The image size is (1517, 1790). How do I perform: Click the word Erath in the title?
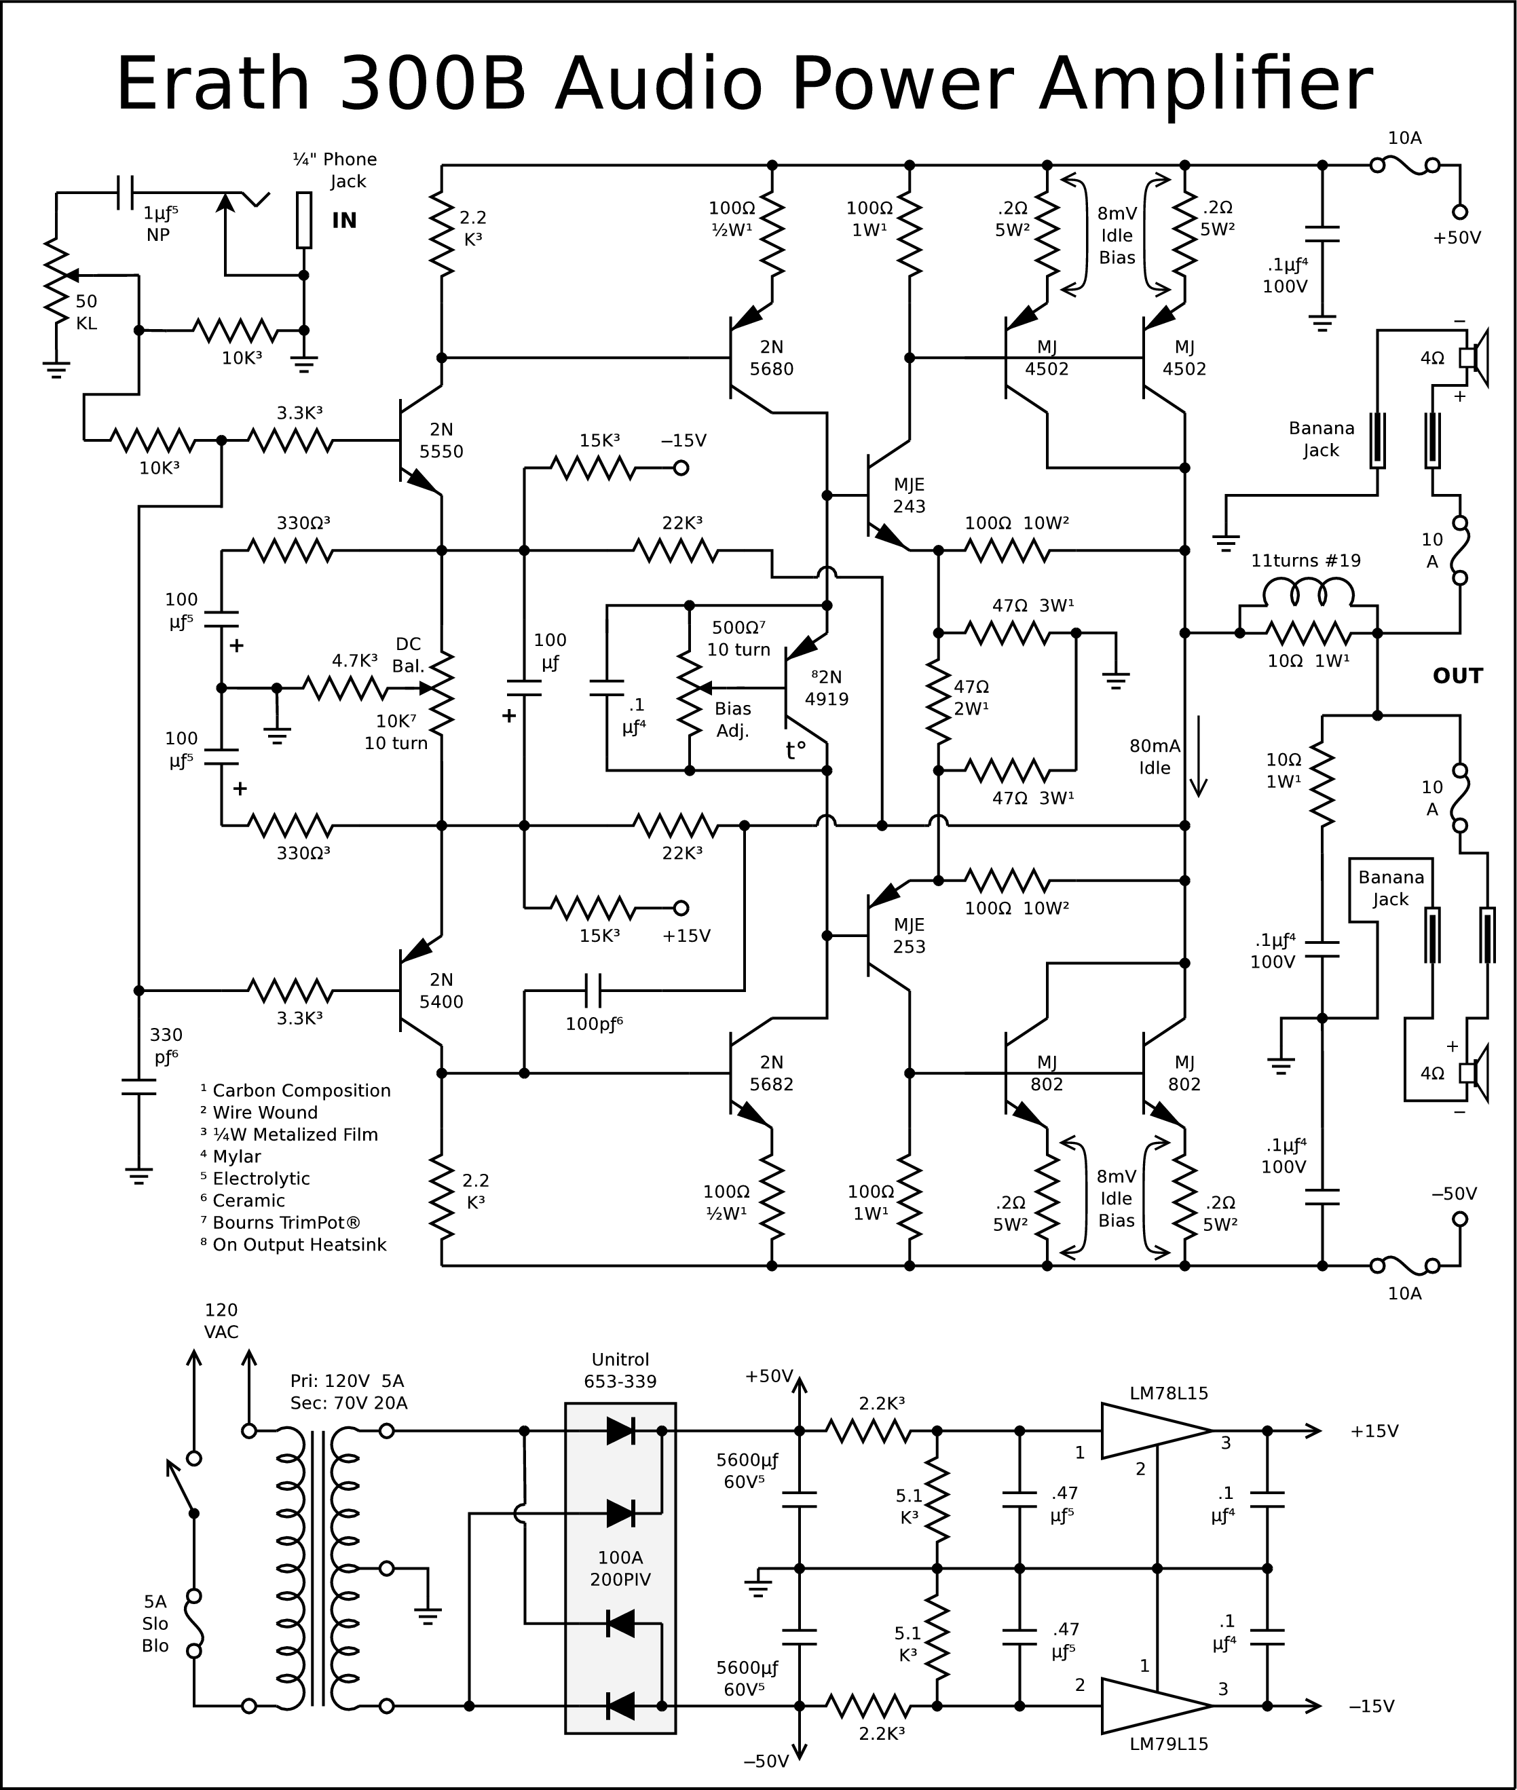212,84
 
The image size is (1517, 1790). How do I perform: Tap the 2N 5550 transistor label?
441,440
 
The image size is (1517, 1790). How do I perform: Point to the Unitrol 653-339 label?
620,1371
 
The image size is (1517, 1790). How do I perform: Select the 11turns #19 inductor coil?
1307,592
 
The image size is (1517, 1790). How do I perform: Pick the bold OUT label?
1458,676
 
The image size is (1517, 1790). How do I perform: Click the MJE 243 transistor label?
909,495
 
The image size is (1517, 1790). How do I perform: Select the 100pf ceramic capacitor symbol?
593,991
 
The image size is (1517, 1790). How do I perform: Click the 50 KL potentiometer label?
86,312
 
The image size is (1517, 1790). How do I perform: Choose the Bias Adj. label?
732,720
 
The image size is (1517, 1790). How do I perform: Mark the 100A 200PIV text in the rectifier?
620,1568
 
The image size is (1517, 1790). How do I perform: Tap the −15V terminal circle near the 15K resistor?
680,469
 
